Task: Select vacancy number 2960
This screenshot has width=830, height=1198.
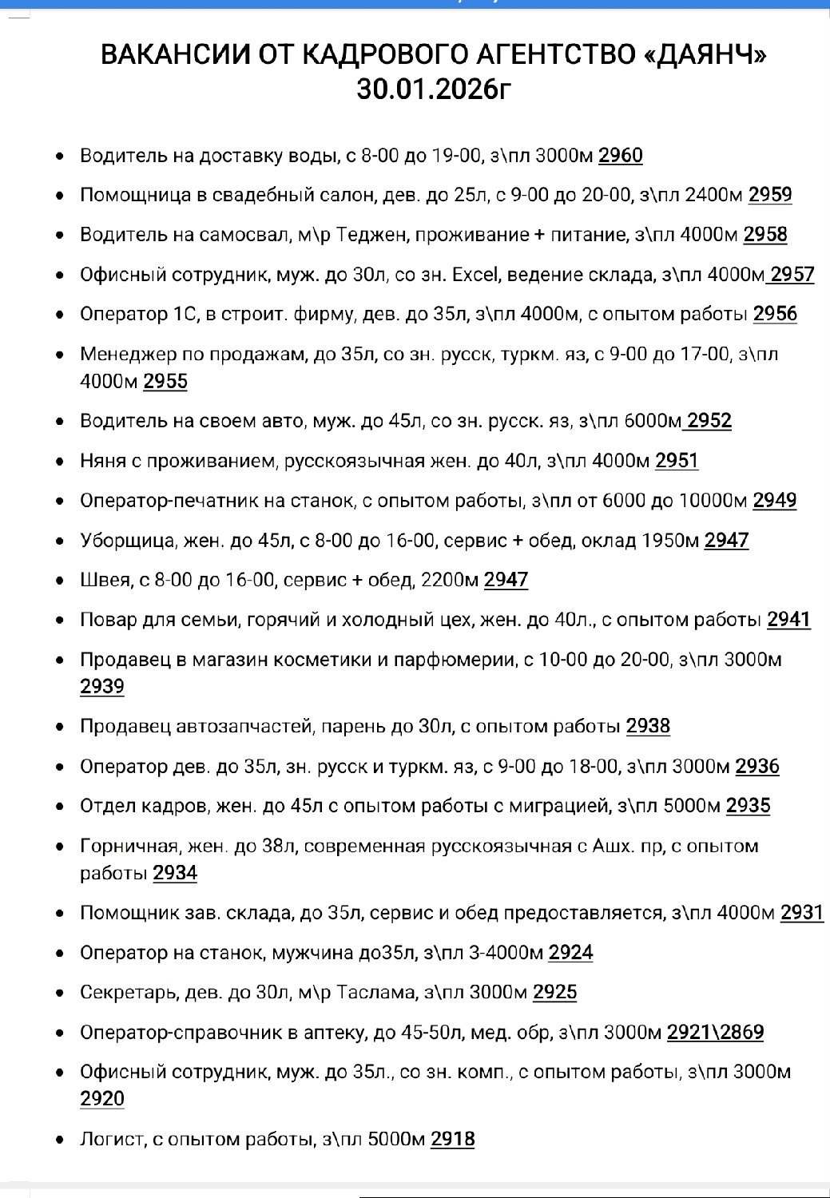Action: [x=620, y=155]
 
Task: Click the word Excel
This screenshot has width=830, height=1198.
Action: [x=477, y=275]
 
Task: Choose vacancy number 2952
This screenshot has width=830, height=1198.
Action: [x=709, y=421]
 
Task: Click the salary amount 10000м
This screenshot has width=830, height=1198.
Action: [x=713, y=501]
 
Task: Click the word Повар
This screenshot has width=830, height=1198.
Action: [x=107, y=620]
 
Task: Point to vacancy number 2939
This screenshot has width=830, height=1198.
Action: [x=102, y=687]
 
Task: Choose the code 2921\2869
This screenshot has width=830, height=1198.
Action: [x=715, y=1033]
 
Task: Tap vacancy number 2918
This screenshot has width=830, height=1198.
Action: [x=452, y=1139]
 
